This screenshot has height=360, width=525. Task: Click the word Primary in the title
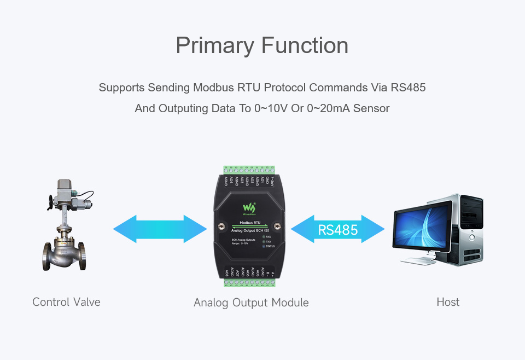pyautogui.click(x=213, y=45)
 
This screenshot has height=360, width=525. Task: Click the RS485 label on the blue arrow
pyautogui.click(x=338, y=230)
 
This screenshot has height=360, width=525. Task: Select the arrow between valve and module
pyautogui.click(x=160, y=229)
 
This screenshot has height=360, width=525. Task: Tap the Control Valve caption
pyautogui.click(x=66, y=302)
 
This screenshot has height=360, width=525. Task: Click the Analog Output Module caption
pyautogui.click(x=251, y=303)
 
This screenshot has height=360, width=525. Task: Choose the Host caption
pyautogui.click(x=448, y=302)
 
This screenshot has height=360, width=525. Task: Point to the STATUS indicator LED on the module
pyautogui.click(x=264, y=247)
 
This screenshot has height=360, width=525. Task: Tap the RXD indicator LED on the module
pyautogui.click(x=264, y=236)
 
